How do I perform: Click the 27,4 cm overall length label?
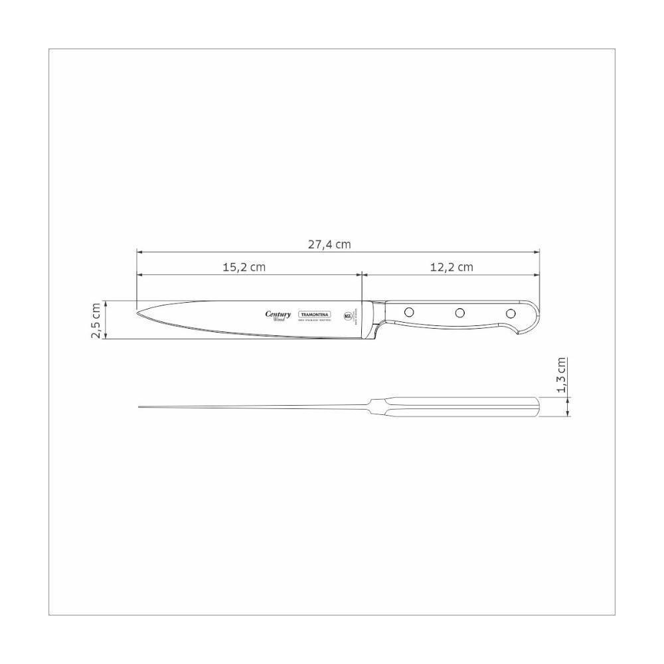pos(329,244)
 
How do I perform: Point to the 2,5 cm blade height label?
pos(96,320)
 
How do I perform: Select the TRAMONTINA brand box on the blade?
pos(315,315)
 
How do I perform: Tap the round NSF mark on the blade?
pos(349,316)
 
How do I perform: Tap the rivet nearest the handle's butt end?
pos(511,313)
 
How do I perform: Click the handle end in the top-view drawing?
pos(536,406)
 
